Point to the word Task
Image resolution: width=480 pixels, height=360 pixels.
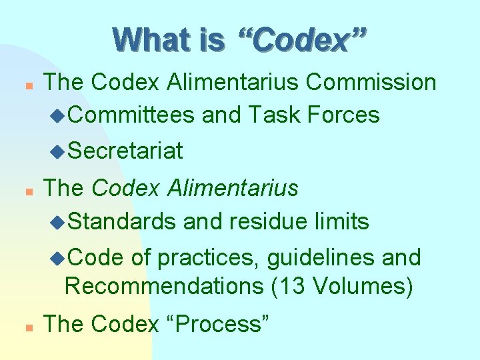[275, 115]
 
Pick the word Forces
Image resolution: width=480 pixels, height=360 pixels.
[344, 115]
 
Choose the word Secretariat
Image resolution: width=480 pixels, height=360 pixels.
[125, 151]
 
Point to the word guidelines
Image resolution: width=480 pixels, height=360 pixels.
[315, 257]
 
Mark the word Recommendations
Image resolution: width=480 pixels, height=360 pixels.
[164, 287]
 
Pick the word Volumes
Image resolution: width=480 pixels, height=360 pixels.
[357, 287]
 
